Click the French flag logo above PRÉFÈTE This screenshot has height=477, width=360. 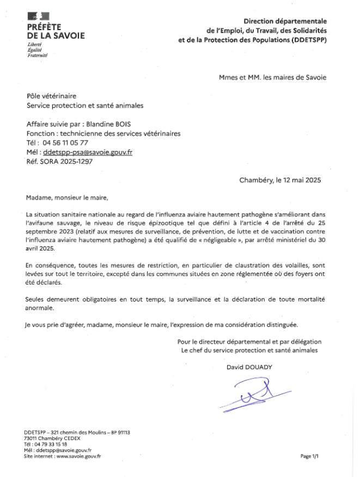tap(38, 16)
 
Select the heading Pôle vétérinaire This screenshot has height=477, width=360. tap(52, 95)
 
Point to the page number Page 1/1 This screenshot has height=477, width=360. tap(309, 456)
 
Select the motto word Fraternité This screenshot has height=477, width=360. tap(38, 56)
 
